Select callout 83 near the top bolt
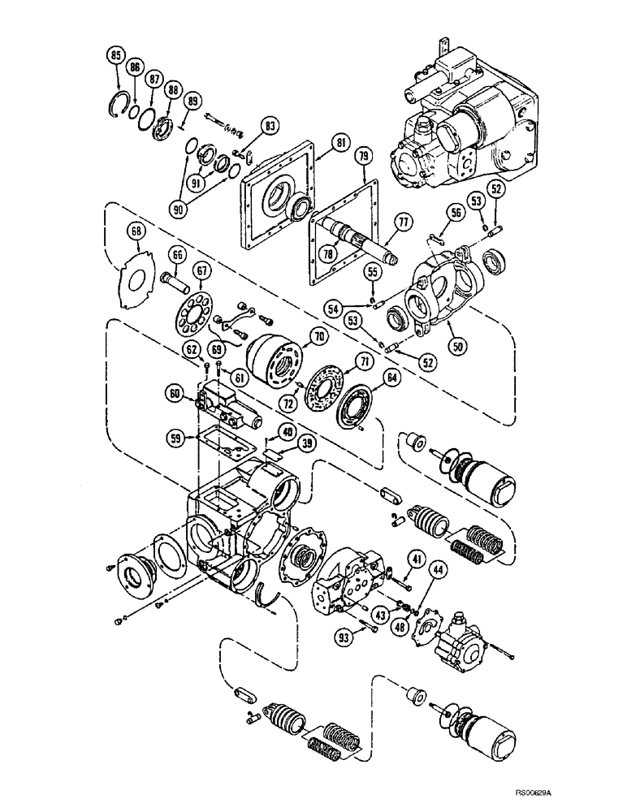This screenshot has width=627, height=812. pos(270,125)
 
